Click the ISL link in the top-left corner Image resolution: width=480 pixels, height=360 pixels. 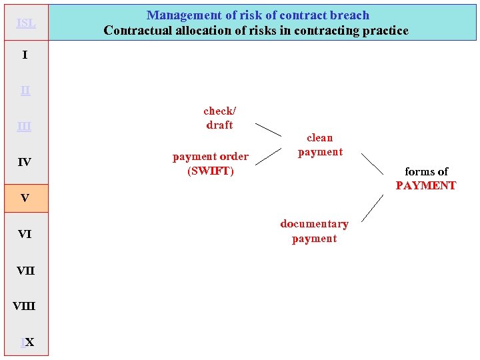(x=25, y=23)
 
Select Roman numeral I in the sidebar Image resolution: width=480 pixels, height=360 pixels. (x=25, y=55)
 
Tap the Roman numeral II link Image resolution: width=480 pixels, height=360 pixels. (x=25, y=90)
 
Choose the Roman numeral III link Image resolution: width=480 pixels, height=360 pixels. (x=24, y=126)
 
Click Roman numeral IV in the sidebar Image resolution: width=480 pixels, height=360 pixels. (x=24, y=162)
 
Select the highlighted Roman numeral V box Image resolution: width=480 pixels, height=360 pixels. (x=25, y=198)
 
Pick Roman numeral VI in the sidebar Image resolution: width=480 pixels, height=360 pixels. (x=24, y=234)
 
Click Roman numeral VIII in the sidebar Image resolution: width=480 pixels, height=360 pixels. (x=24, y=306)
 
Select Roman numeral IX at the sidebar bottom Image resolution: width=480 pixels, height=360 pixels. (x=27, y=342)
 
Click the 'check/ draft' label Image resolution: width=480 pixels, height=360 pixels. (x=219, y=118)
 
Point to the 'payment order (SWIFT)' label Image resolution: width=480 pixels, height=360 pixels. (x=211, y=163)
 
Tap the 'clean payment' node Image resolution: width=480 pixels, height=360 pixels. (x=320, y=145)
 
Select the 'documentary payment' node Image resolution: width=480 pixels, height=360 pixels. (x=314, y=231)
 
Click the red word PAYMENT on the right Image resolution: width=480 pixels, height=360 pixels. (x=425, y=185)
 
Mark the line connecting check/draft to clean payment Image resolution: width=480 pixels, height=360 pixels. (x=268, y=129)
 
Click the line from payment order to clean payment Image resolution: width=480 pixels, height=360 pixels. (x=268, y=156)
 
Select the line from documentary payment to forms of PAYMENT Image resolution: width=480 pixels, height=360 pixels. (x=372, y=208)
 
